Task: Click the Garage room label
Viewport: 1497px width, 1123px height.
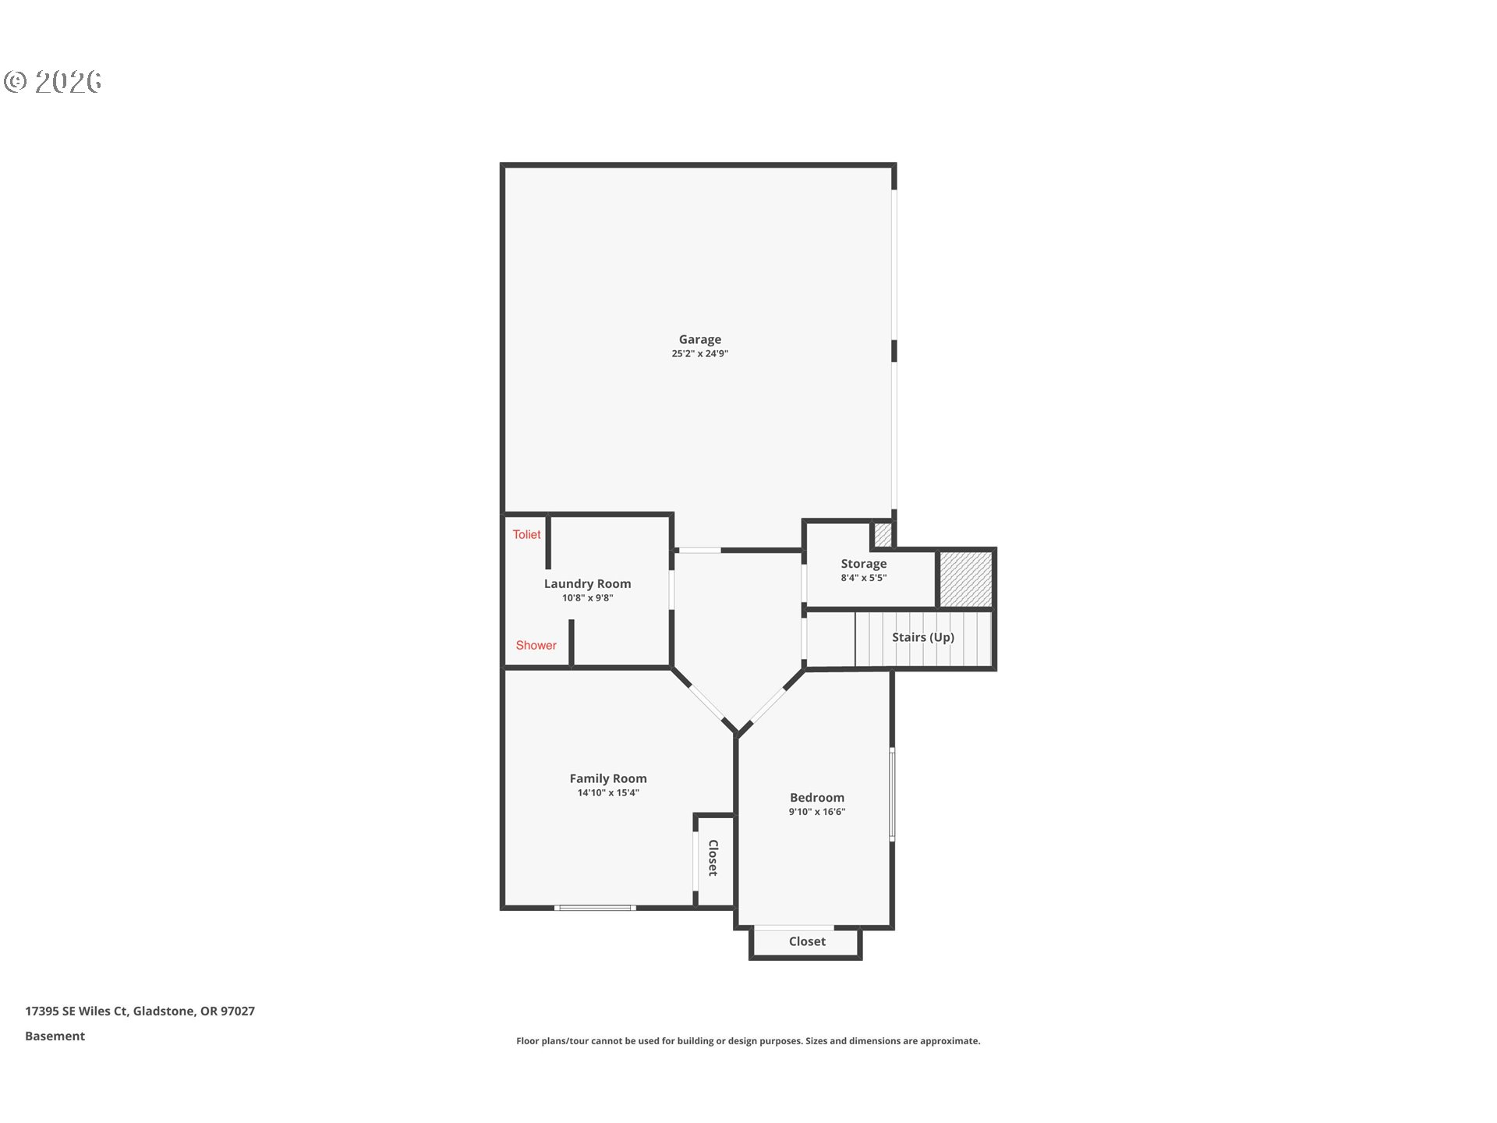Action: pyautogui.click(x=699, y=339)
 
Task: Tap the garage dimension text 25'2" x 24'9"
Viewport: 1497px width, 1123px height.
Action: pyautogui.click(x=699, y=353)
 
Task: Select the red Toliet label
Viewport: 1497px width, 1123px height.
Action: pyautogui.click(x=526, y=534)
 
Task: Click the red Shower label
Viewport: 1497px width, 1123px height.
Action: pyautogui.click(x=536, y=645)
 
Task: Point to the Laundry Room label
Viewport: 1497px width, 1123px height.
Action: pyautogui.click(x=587, y=584)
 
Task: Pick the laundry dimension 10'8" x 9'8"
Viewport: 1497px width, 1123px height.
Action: pyautogui.click(x=587, y=598)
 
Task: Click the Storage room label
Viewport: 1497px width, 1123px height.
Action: pyautogui.click(x=863, y=564)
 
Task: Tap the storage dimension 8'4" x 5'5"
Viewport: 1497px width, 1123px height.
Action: pyautogui.click(x=863, y=578)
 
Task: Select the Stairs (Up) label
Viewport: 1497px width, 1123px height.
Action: pyautogui.click(x=922, y=637)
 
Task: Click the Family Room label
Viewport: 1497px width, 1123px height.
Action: pyautogui.click(x=607, y=778)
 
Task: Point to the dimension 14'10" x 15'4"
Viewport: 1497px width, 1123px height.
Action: pyautogui.click(x=607, y=792)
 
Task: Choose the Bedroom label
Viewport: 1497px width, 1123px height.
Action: pyautogui.click(x=816, y=797)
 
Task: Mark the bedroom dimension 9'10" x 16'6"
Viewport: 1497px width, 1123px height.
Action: pyautogui.click(x=816, y=812)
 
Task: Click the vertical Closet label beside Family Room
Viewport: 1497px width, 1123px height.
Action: pyautogui.click(x=713, y=858)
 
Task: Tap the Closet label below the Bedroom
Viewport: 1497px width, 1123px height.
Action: pyautogui.click(x=807, y=941)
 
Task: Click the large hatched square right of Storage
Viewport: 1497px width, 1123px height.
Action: pyautogui.click(x=965, y=579)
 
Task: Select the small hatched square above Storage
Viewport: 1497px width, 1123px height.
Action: pyautogui.click(x=882, y=534)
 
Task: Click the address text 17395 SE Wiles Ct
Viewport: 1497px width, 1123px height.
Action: pyautogui.click(x=76, y=1011)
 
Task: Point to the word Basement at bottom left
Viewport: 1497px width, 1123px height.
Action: pyautogui.click(x=55, y=1036)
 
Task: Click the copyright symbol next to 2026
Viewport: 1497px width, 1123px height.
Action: pyautogui.click(x=16, y=81)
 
